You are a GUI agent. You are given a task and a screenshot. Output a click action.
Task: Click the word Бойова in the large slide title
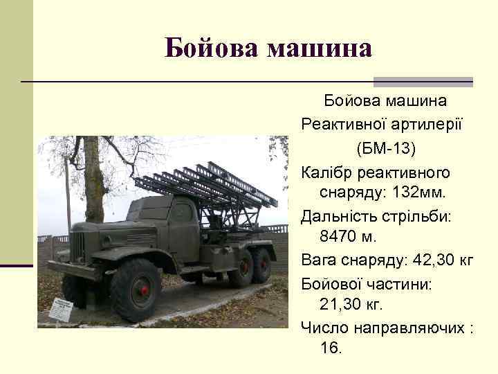pos(212,48)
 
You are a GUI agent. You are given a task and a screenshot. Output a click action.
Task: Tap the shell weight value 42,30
pos(434,260)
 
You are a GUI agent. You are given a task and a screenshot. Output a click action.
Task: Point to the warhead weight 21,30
pos(342,303)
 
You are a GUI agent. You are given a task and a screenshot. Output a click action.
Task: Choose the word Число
pos(322,327)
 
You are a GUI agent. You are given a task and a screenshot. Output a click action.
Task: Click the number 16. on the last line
pos(331,348)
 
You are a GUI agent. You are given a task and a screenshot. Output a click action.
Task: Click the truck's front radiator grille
pos(78,247)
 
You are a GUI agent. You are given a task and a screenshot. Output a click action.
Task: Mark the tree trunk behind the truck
pos(93,180)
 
